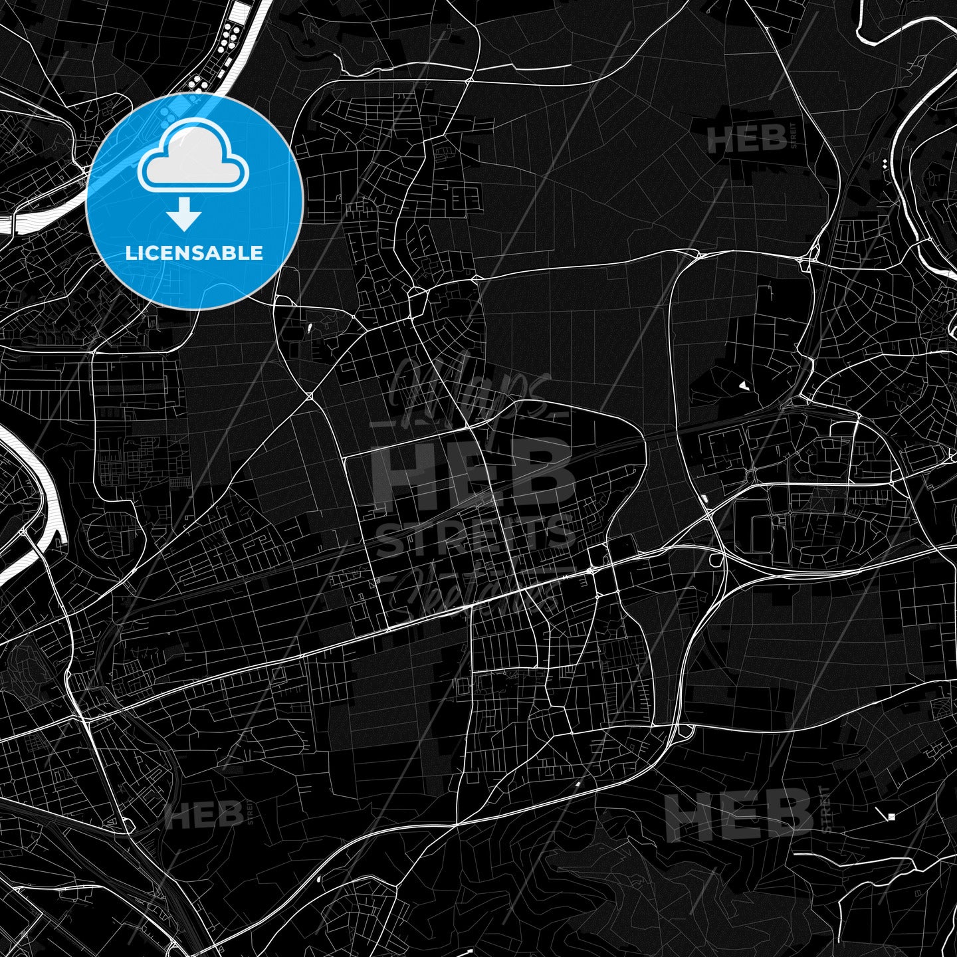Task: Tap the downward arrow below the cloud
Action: [184, 217]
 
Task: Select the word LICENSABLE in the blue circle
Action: [194, 253]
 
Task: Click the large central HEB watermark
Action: [473, 474]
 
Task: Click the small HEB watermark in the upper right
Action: [747, 140]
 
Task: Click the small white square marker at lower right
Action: [891, 816]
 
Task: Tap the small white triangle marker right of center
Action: [743, 385]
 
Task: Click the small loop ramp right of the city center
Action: [716, 560]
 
